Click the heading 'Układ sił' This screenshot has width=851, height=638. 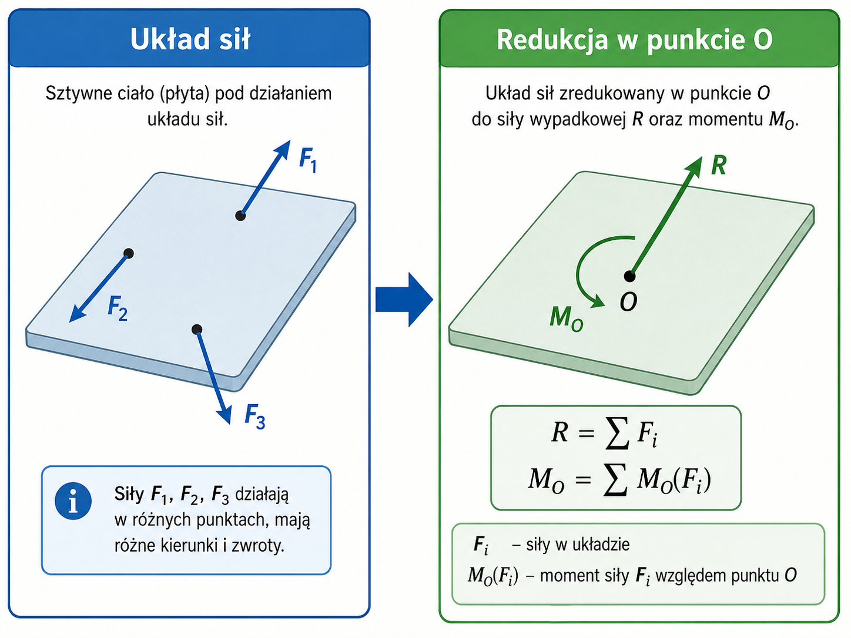point(190,39)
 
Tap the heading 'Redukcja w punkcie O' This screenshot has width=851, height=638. point(635,39)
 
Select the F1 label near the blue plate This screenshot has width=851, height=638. point(308,160)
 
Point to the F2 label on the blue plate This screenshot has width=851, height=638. point(118,308)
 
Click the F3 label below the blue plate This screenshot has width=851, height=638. point(254,417)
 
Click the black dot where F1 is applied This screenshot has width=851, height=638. point(240,216)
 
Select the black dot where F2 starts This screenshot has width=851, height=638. point(129,253)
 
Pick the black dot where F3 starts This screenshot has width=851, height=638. point(197,329)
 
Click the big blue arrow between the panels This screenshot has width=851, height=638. point(404,299)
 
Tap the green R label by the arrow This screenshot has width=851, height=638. point(719,166)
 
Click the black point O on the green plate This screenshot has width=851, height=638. point(629,276)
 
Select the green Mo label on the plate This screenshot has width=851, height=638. point(567,319)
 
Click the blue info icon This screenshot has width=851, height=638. point(73,501)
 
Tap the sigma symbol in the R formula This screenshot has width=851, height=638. point(617,433)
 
